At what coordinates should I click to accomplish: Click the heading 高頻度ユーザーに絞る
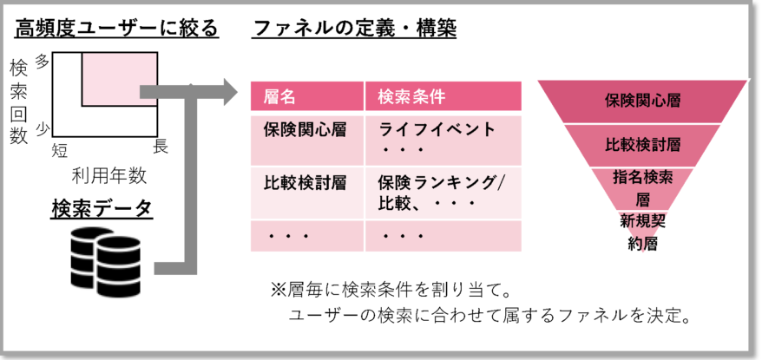(116, 29)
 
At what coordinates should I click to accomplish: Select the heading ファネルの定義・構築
(354, 29)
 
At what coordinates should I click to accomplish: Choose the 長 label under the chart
(161, 147)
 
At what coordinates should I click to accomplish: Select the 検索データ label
(102, 209)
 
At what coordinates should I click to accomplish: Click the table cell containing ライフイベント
(437, 138)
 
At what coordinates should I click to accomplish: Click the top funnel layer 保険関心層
(642, 100)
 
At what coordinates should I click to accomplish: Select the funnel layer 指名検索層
(642, 187)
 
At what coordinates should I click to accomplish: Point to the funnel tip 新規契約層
(642, 232)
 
